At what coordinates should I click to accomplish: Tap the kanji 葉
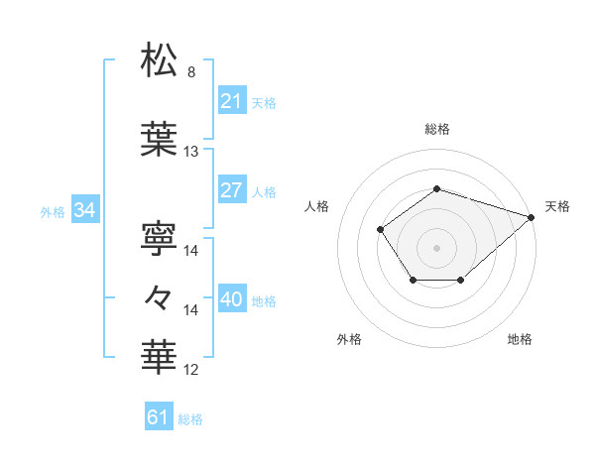161,140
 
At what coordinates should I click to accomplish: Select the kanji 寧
161,235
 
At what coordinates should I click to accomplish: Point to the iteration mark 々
161,295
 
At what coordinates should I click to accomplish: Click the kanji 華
161,356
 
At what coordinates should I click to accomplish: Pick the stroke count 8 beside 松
191,72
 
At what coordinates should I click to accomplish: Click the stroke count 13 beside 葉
191,152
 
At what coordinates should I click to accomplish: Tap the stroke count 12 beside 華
191,370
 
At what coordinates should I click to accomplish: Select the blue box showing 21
232,101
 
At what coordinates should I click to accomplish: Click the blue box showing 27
232,190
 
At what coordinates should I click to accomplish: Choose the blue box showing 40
232,299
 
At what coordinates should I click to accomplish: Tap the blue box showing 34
84,210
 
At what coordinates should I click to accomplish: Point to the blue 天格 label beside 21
264,102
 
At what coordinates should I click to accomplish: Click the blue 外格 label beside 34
53,211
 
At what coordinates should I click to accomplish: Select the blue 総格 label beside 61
190,419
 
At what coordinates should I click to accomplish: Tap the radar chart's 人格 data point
381,230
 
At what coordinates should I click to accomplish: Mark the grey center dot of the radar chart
436,247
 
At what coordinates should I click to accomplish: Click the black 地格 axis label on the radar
520,340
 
